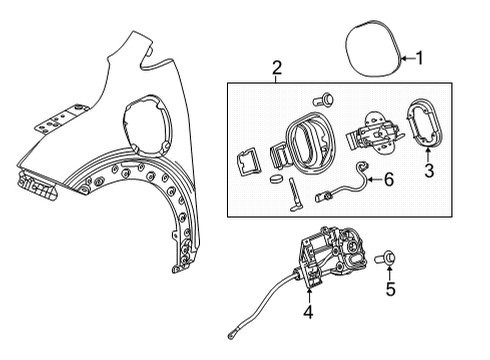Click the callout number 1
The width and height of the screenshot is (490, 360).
(420, 58)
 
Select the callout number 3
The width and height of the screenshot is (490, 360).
(430, 173)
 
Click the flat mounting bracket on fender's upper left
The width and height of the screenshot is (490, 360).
(45, 126)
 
